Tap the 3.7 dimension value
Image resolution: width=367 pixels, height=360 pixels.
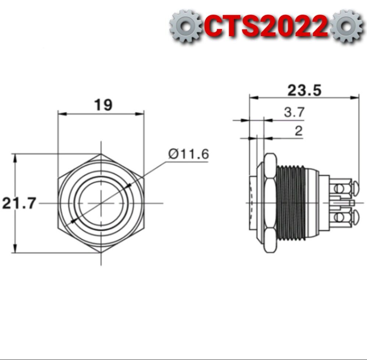294,112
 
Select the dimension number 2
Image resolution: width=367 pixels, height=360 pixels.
299,131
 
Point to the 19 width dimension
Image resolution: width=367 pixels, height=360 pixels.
103,105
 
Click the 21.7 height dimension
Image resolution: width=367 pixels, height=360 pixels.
19,203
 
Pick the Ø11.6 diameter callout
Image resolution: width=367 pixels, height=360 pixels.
188,154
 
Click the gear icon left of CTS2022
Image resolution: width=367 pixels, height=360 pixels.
186,26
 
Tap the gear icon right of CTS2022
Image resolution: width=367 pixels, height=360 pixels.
347,26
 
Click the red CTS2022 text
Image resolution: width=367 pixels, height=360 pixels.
267,26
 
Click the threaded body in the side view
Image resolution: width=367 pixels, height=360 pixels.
291,203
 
